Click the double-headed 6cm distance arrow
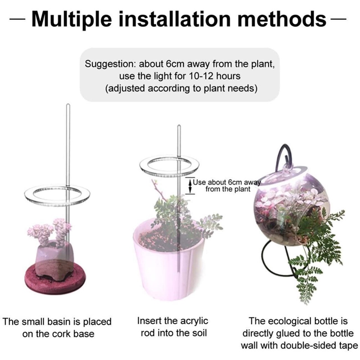[x=190, y=186]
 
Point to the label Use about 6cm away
[x=227, y=182]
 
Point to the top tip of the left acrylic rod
[x=68, y=104]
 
